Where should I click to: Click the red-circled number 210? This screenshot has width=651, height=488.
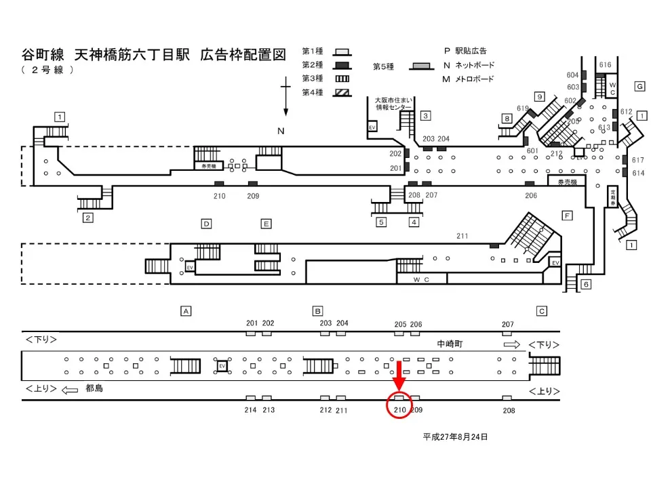tap(399, 409)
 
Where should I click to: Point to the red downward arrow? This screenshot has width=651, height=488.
tap(399, 376)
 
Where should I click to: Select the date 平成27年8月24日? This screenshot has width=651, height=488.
tap(455, 437)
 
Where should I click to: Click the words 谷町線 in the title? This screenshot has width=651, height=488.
tap(43, 55)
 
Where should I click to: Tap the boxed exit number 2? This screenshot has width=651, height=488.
tap(87, 218)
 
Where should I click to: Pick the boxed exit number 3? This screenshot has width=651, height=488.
tap(425, 115)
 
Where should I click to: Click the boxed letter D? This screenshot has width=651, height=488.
tap(207, 224)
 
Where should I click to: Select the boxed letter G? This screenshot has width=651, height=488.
tap(639, 86)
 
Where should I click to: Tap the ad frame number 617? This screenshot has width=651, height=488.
tap(637, 161)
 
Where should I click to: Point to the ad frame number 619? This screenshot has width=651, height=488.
tap(522, 108)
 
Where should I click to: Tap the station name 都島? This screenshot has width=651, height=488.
tap(94, 388)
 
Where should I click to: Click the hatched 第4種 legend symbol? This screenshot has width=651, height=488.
tap(343, 92)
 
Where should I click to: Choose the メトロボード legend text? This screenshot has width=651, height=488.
tap(473, 79)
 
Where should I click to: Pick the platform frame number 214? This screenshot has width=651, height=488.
tap(252, 410)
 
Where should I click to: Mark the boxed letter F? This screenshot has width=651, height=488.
tap(568, 216)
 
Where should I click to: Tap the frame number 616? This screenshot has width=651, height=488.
tap(605, 65)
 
